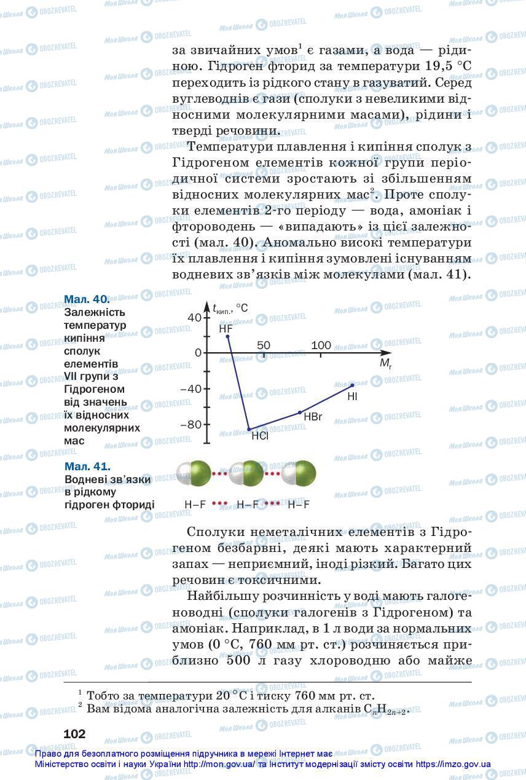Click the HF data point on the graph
click(228, 336)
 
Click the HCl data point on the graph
click(249, 429)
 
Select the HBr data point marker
click(300, 412)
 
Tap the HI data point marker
click(351, 385)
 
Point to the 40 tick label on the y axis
click(194, 317)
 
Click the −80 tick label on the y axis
click(191, 425)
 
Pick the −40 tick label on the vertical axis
click(191, 388)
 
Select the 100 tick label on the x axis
click(321, 345)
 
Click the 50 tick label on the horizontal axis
click(264, 345)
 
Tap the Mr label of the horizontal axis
click(385, 363)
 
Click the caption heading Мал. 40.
click(87, 299)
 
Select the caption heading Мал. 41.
click(87, 467)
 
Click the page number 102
click(74, 734)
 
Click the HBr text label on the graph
click(313, 417)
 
